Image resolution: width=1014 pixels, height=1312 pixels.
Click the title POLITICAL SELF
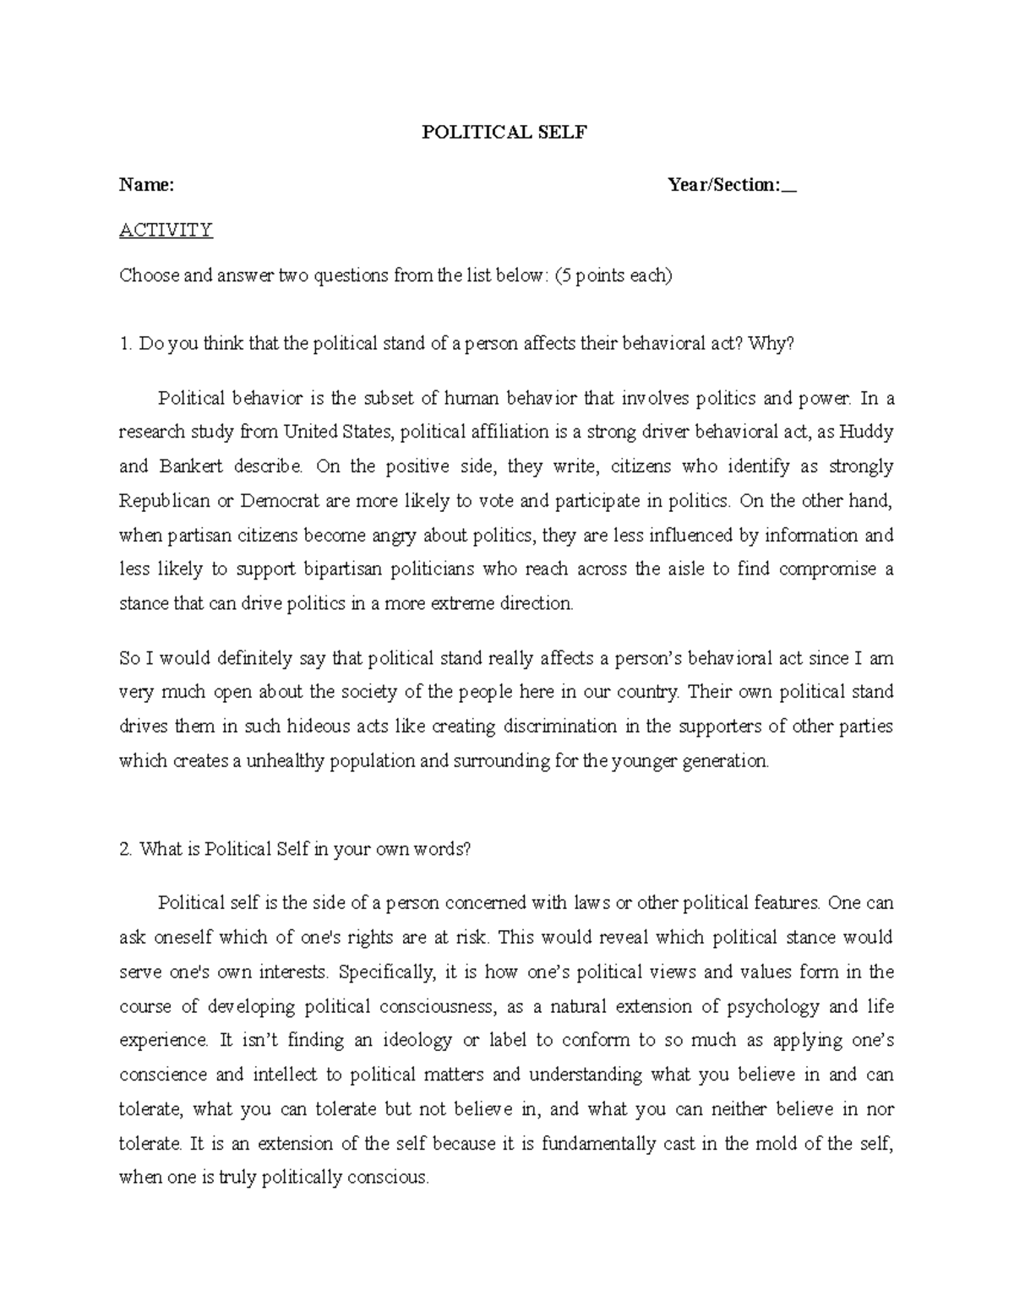pos(504,133)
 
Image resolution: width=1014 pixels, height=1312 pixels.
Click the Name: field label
pos(146,185)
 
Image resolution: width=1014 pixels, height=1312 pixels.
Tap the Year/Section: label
pos(724,185)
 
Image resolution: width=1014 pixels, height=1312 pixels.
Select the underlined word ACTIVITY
pos(166,230)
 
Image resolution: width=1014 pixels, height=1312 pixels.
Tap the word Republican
pos(165,500)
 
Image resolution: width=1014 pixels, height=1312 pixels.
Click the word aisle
pos(682,569)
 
